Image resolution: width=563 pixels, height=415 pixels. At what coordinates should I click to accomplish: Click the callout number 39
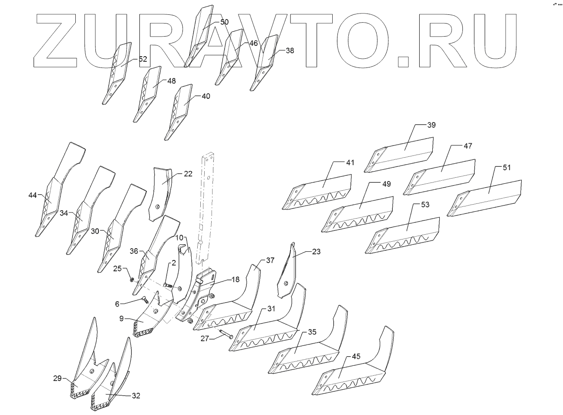(x=431, y=125)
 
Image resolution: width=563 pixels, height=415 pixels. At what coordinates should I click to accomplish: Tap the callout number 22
(x=188, y=174)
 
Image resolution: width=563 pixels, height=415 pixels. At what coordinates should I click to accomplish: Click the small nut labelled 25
(x=131, y=279)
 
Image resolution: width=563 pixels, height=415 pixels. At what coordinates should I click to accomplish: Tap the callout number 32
(x=136, y=396)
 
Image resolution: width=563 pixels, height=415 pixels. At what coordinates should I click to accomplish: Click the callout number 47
(x=468, y=146)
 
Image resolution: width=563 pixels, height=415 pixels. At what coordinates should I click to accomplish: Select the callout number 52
(x=143, y=58)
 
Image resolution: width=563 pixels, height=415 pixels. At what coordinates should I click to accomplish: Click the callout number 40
(x=206, y=96)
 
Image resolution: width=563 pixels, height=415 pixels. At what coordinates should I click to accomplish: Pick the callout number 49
(x=386, y=184)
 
